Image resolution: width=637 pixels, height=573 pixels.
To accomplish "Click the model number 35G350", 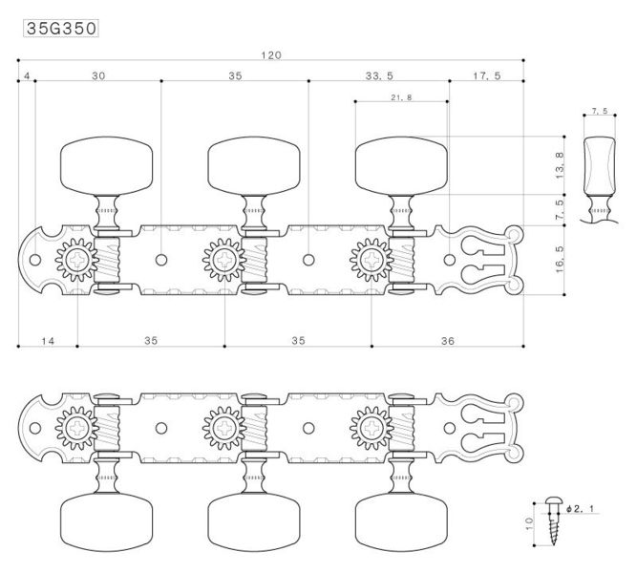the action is pyautogui.click(x=61, y=29).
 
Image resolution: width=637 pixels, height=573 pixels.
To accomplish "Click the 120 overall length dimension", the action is pyautogui.click(x=271, y=55).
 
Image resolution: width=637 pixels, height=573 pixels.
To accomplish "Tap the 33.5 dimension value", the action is pyautogui.click(x=379, y=76).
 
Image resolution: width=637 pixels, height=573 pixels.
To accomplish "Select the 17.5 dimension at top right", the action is pyautogui.click(x=487, y=76).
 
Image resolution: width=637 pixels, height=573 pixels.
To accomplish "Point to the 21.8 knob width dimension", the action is pyautogui.click(x=401, y=97).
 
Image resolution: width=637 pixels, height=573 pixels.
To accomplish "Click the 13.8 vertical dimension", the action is pyautogui.click(x=560, y=165).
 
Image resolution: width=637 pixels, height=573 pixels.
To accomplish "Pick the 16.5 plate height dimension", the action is pyautogui.click(x=560, y=259).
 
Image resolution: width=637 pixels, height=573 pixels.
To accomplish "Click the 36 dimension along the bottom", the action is pyautogui.click(x=447, y=341).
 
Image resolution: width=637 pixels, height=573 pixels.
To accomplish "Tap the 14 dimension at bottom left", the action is pyautogui.click(x=48, y=341).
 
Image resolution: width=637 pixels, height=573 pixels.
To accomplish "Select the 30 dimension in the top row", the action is pyautogui.click(x=98, y=76).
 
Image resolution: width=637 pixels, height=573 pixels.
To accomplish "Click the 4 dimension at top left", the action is pyautogui.click(x=27, y=76).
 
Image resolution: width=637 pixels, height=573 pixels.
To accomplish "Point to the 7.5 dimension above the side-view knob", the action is pyautogui.click(x=600, y=111).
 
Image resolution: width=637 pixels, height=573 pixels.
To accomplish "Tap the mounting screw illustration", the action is pyautogui.click(x=553, y=520).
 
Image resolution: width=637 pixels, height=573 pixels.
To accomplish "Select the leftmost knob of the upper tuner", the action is pyautogui.click(x=106, y=166).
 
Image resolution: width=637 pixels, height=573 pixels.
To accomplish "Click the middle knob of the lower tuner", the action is pyautogui.click(x=254, y=521).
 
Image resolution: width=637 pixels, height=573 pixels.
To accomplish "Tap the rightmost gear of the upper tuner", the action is pyautogui.click(x=372, y=260).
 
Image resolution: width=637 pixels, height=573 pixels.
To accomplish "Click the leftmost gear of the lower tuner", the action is pyautogui.click(x=76, y=428).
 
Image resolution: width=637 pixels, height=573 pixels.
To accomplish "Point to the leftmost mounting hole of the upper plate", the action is pyautogui.click(x=35, y=260).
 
